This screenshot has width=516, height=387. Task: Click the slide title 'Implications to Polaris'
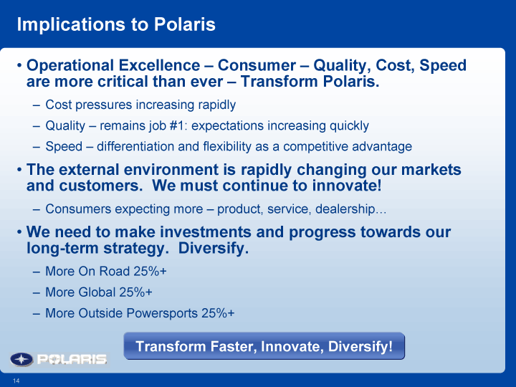[x=116, y=24]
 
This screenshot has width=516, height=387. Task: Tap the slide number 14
[x=16, y=381]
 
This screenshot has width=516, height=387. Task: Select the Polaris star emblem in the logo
[x=21, y=359]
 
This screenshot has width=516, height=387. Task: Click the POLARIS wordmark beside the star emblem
[x=72, y=359]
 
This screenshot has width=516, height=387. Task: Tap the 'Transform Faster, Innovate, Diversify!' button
[x=264, y=346]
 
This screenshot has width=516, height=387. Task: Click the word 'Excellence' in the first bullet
[x=159, y=65]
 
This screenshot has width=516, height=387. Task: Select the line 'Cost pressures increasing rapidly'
[x=140, y=105]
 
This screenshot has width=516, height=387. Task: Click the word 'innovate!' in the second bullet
[x=347, y=186]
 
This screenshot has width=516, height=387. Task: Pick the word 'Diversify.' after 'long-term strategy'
[x=214, y=248]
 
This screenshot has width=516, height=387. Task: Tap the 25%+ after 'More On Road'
[x=150, y=271]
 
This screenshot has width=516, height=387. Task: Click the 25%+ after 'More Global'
[x=135, y=292]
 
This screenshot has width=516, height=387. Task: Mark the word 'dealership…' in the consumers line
[x=350, y=209]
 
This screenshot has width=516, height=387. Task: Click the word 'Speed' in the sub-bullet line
[x=64, y=147]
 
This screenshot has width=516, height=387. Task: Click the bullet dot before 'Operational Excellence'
[x=19, y=65]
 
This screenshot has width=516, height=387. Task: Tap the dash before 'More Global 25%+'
[x=37, y=292]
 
